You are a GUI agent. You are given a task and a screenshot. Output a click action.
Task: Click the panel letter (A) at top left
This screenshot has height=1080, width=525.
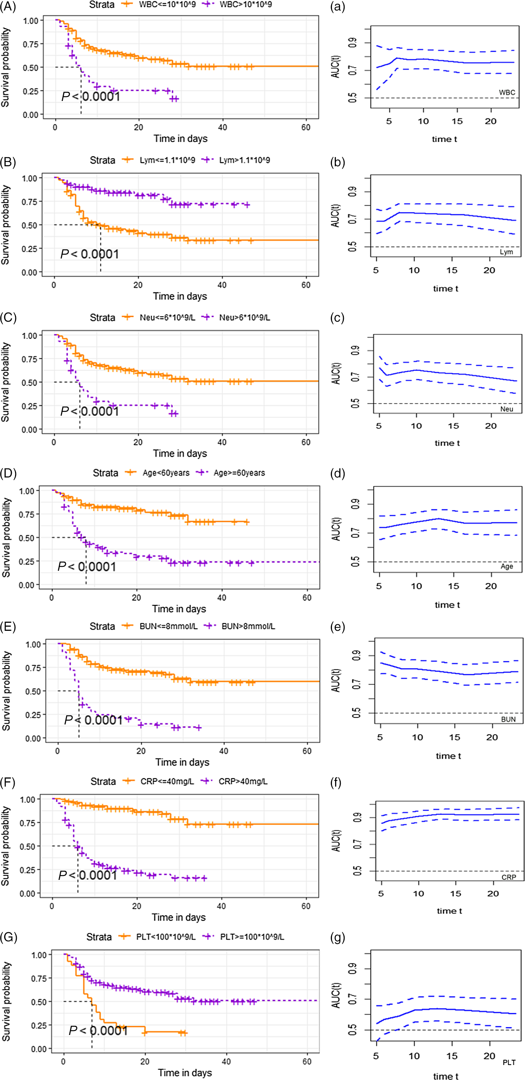click(x=8, y=7)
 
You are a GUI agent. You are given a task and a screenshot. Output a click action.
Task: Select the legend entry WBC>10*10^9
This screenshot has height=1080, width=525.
click(x=245, y=5)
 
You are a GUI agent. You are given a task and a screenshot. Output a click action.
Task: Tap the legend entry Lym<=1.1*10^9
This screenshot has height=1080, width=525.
click(x=167, y=161)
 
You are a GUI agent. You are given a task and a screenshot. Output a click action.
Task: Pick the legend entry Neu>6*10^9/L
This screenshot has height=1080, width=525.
click(x=244, y=318)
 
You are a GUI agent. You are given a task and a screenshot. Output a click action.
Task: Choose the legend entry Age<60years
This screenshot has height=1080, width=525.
click(x=166, y=473)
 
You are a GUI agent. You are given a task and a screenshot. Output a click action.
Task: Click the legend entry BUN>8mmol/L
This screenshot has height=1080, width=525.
click(x=248, y=626)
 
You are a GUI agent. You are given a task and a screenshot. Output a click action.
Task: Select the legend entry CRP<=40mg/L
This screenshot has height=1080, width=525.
click(x=167, y=781)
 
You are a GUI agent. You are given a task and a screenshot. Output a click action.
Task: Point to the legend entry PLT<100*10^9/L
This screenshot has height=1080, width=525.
click(x=165, y=937)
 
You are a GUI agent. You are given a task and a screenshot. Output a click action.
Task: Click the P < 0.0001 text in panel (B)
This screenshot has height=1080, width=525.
click(x=90, y=254)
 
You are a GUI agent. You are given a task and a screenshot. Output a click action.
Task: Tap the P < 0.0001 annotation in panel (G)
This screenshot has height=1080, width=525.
click(x=98, y=1030)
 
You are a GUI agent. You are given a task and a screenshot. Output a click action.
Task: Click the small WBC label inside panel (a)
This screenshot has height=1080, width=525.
click(x=506, y=92)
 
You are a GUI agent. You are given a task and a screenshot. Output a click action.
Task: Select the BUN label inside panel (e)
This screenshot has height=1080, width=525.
click(x=508, y=719)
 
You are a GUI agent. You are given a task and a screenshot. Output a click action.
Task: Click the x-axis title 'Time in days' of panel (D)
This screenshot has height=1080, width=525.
click(x=179, y=609)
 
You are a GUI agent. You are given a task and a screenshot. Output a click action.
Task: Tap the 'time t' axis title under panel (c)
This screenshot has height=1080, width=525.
click(x=447, y=443)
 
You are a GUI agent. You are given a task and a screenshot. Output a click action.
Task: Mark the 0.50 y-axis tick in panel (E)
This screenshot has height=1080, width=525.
click(x=33, y=691)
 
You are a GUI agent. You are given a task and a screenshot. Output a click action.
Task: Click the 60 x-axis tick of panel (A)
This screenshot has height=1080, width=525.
click(x=306, y=127)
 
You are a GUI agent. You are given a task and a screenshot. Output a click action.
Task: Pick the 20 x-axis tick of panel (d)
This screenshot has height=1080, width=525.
click(x=491, y=586)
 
